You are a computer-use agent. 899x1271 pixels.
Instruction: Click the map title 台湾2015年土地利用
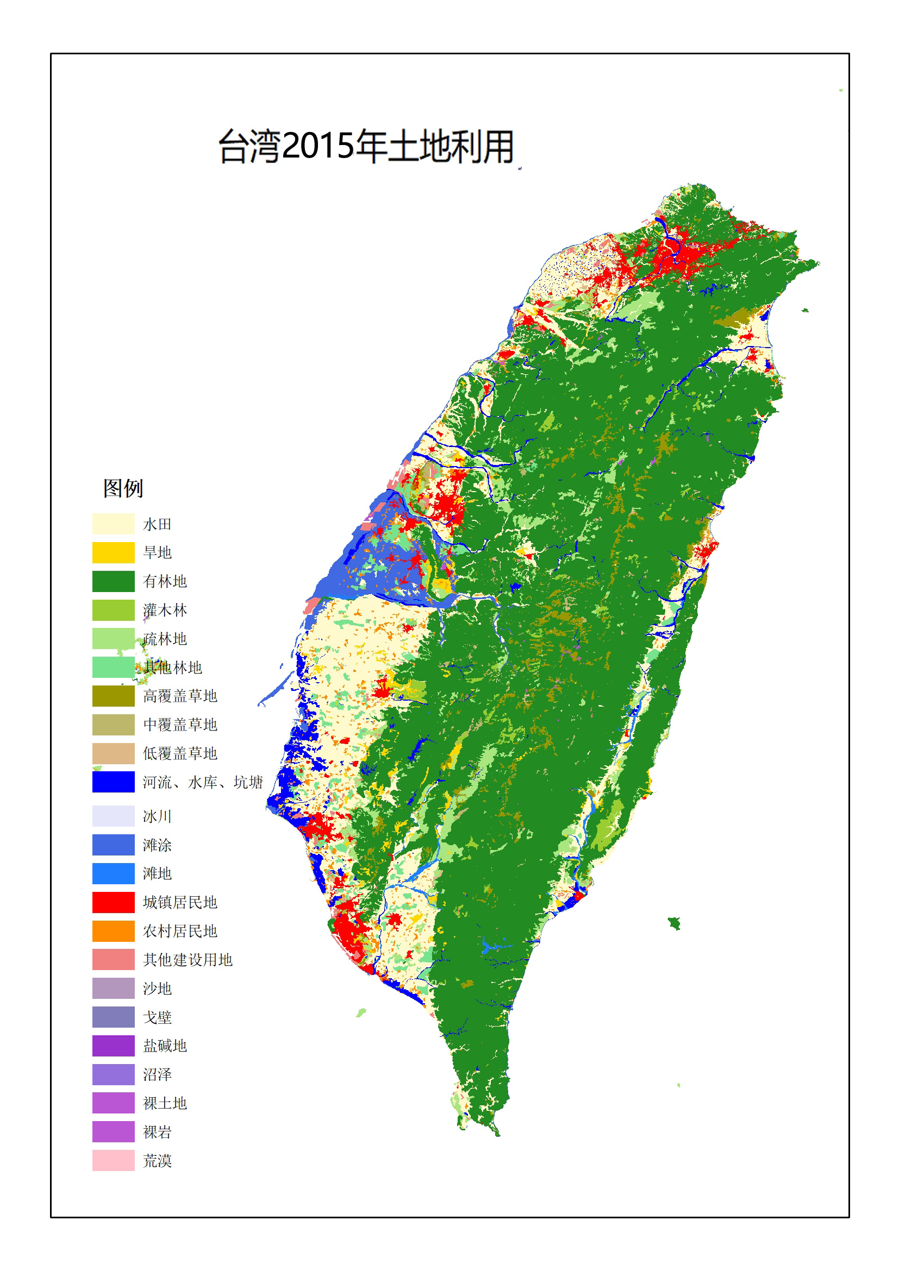click(367, 147)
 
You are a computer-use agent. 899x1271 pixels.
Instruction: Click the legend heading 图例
click(123, 488)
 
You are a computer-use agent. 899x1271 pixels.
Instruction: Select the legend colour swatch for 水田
click(113, 524)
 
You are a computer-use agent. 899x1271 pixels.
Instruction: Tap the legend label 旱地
click(157, 552)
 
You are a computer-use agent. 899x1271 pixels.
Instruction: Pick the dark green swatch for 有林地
click(113, 581)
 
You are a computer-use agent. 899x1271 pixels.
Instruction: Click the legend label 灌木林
click(165, 610)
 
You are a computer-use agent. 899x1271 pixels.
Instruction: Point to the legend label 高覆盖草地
click(180, 696)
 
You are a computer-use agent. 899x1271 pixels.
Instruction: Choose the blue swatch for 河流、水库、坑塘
click(113, 782)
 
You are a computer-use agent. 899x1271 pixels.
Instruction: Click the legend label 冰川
click(157, 816)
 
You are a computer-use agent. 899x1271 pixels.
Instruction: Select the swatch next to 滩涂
click(113, 845)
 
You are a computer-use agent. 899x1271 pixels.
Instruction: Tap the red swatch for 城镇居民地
click(113, 902)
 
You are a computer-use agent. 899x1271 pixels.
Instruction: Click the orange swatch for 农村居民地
click(113, 931)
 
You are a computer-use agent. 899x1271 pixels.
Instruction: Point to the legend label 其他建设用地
click(187, 960)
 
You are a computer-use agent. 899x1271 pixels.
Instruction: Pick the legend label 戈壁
click(157, 1017)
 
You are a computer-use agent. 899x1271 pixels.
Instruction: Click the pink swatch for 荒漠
click(113, 1160)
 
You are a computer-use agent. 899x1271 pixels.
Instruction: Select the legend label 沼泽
click(157, 1074)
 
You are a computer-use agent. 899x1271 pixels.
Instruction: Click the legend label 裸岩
click(157, 1132)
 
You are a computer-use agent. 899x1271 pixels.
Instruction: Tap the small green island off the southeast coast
click(674, 923)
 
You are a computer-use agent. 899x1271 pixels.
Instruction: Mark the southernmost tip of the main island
click(497, 1134)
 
